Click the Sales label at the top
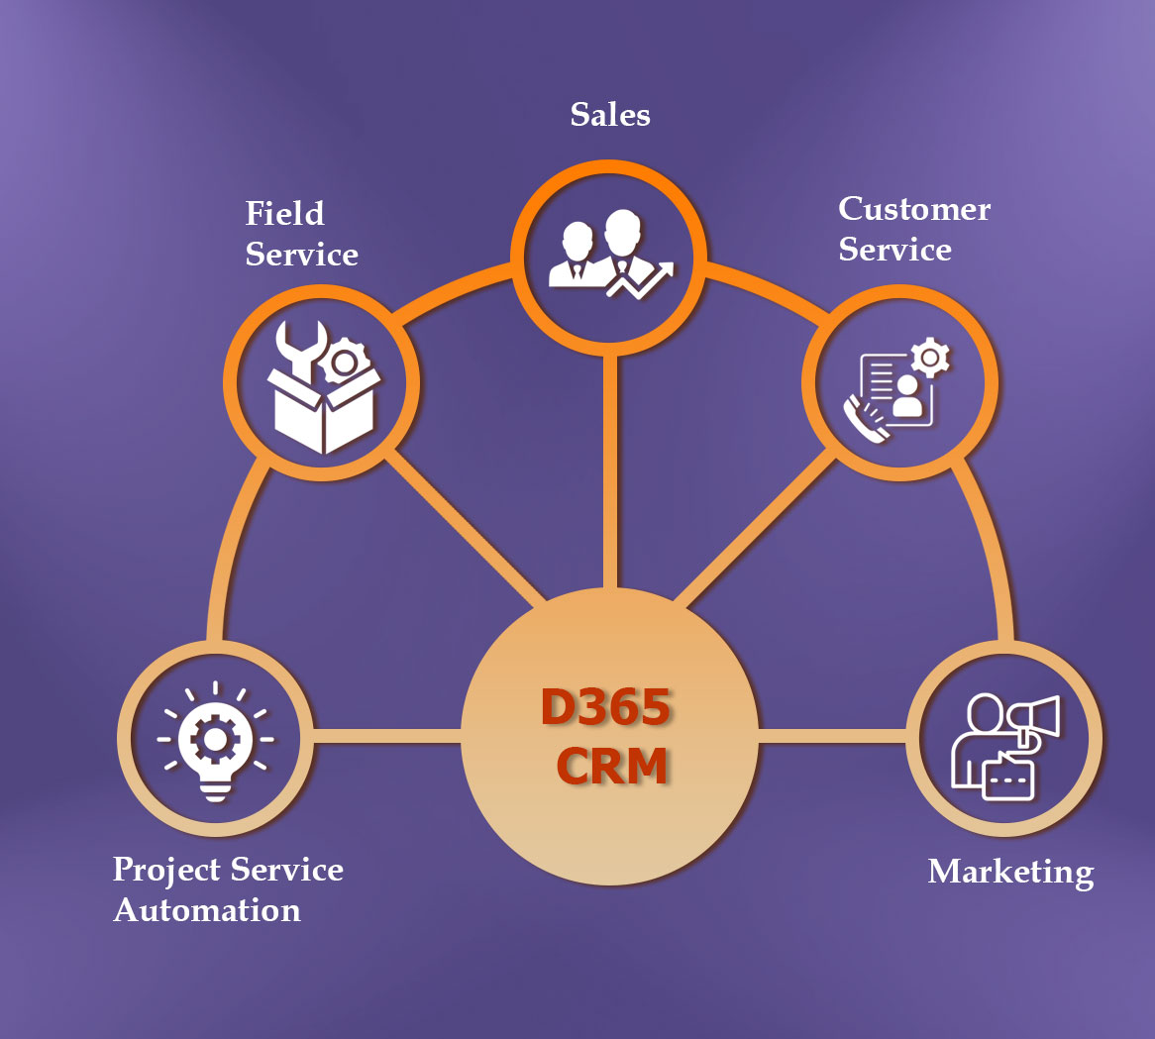tap(610, 115)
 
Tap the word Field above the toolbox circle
tap(285, 214)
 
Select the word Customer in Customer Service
tap(914, 209)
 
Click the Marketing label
tap(1010, 872)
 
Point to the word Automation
tap(207, 910)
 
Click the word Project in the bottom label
tap(165, 870)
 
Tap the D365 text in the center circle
tap(606, 707)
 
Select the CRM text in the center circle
tap(611, 767)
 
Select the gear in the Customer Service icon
tap(929, 358)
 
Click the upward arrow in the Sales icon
tap(644, 281)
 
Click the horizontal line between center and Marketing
tap(832, 736)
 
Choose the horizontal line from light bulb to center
tap(387, 736)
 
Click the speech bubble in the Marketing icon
tap(1007, 779)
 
